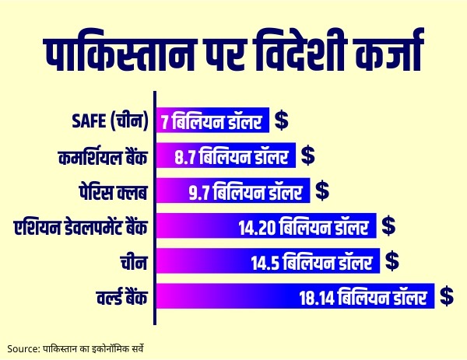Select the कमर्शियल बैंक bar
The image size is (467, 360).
click(226, 156)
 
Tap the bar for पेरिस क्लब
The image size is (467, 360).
click(233, 190)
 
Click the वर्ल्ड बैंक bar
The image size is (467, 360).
click(296, 296)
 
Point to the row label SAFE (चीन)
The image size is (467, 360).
click(109, 122)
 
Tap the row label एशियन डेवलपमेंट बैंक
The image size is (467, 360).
click(81, 227)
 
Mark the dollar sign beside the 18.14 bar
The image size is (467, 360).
click(447, 295)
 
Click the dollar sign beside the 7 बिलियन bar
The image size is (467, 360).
click(281, 121)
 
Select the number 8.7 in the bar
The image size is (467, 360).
click(184, 156)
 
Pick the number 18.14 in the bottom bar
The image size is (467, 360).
click(318, 296)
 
